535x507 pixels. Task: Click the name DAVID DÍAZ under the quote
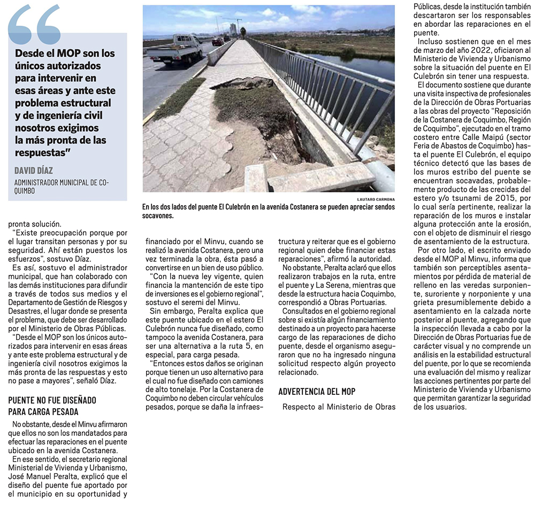pyautogui.click(x=34, y=170)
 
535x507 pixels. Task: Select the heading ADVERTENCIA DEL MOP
pyautogui.click(x=317, y=392)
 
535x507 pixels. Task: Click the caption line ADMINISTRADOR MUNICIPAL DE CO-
pyautogui.click(x=62, y=183)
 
